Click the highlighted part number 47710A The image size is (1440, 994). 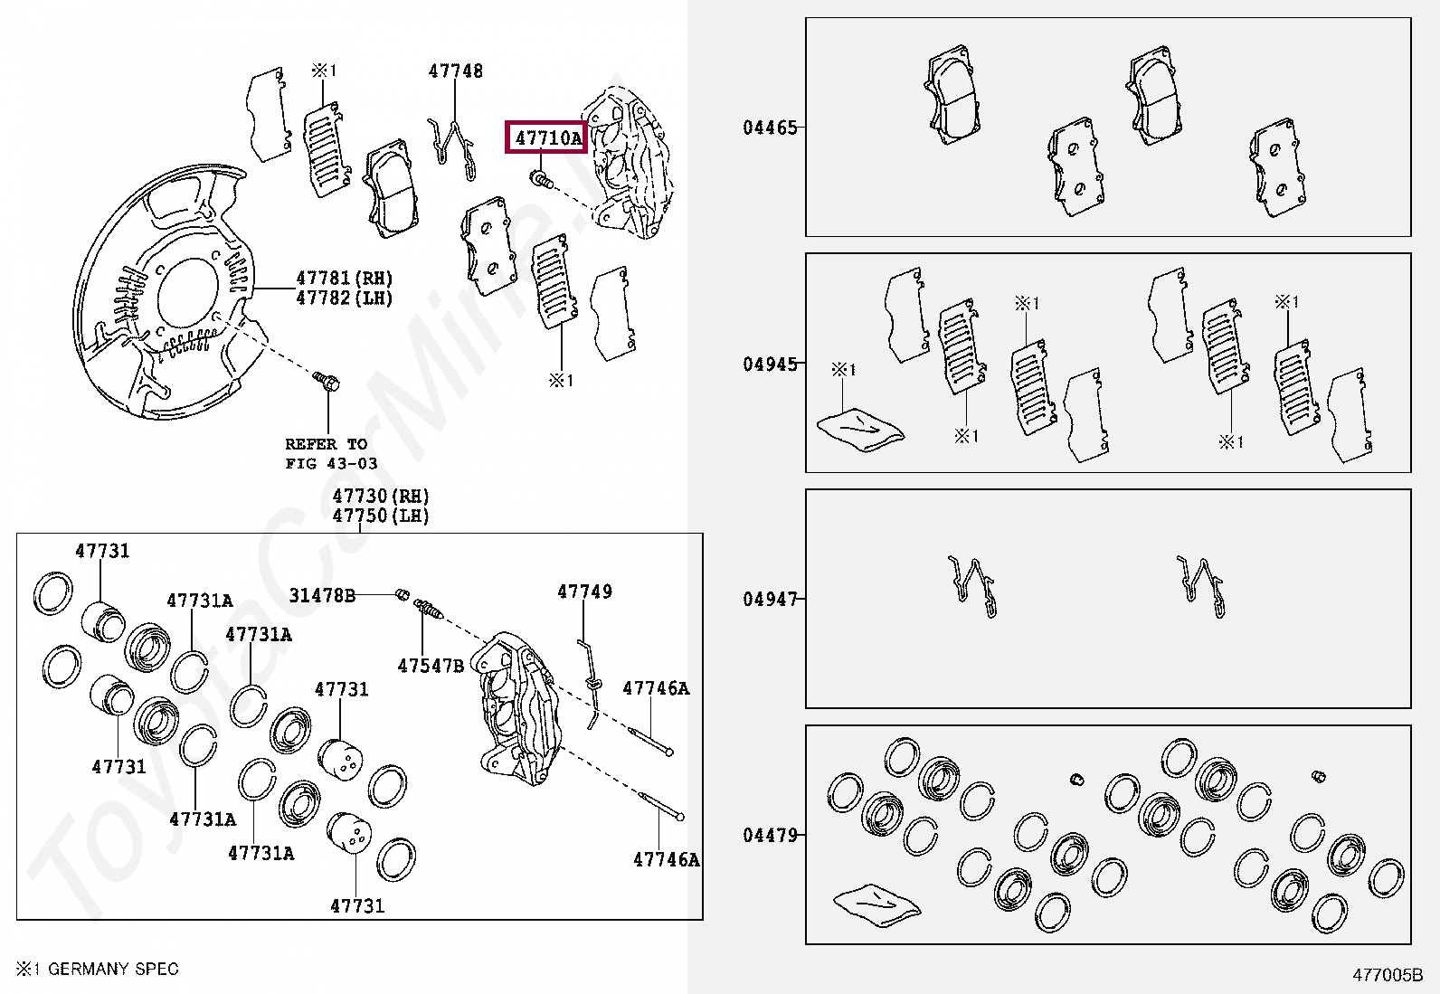[x=547, y=138]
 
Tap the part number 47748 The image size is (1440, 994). [x=456, y=71]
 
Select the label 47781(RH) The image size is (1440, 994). [x=345, y=278]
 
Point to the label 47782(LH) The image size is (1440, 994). [x=345, y=298]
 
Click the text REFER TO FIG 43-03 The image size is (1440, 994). [x=331, y=454]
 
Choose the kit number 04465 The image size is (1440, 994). [x=771, y=128]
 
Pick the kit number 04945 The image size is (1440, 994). [x=771, y=364]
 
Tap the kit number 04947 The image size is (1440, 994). [x=771, y=599]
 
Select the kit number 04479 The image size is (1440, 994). [x=771, y=835]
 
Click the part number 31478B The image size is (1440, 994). [x=322, y=595]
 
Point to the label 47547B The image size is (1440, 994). [x=431, y=667]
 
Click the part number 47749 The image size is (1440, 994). [x=584, y=592]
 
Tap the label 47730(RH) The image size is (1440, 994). [x=381, y=496]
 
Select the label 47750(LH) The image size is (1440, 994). [x=381, y=516]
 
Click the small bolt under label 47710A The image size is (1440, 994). [x=541, y=180]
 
